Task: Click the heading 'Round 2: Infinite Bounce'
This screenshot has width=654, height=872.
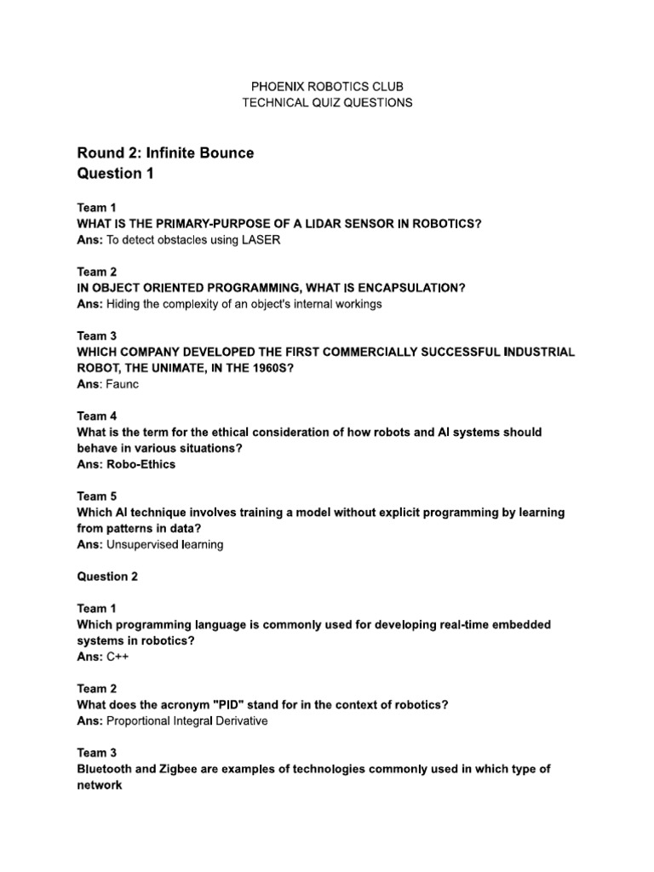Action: click(165, 153)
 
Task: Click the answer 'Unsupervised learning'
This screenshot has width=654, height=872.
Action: click(165, 544)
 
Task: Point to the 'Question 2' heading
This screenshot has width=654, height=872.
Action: click(107, 577)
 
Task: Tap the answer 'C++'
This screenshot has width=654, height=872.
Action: click(119, 657)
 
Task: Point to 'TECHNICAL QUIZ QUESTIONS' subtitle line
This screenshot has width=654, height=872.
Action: click(327, 102)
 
